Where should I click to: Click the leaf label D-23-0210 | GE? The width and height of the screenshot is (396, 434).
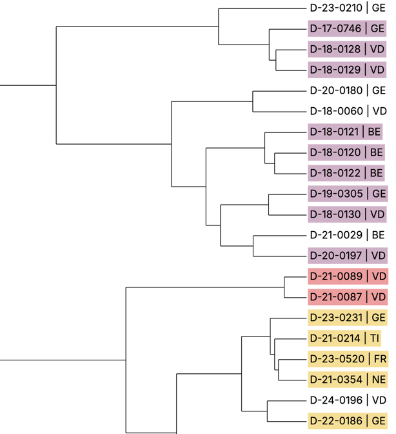pyautogui.click(x=347, y=8)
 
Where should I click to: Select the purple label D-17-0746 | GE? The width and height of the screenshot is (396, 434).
pyautogui.click(x=347, y=28)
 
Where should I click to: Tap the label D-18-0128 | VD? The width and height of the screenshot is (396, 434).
pyautogui.click(x=347, y=49)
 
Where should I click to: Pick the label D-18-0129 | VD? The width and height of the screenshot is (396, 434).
pyautogui.click(x=347, y=70)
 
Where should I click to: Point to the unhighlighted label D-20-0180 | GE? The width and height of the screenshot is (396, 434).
pyautogui.click(x=347, y=90)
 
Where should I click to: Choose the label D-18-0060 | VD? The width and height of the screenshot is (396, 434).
pyautogui.click(x=347, y=111)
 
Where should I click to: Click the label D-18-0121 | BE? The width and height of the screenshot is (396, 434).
pyautogui.click(x=346, y=132)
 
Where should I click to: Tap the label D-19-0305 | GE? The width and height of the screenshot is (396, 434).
pyautogui.click(x=347, y=193)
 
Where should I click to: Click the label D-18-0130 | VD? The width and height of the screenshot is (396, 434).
pyautogui.click(x=347, y=214)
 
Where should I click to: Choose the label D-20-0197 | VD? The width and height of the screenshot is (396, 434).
pyautogui.click(x=347, y=255)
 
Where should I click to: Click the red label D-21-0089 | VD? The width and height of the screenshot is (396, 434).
pyautogui.click(x=348, y=276)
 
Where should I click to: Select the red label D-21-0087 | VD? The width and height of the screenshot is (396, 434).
pyautogui.click(x=348, y=296)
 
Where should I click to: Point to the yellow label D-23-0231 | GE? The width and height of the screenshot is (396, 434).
pyautogui.click(x=348, y=317)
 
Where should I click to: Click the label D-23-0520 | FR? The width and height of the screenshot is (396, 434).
pyautogui.click(x=348, y=358)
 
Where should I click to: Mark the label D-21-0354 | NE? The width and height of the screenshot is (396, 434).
pyautogui.click(x=348, y=379)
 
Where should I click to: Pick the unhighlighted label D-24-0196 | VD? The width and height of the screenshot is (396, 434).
pyautogui.click(x=348, y=400)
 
